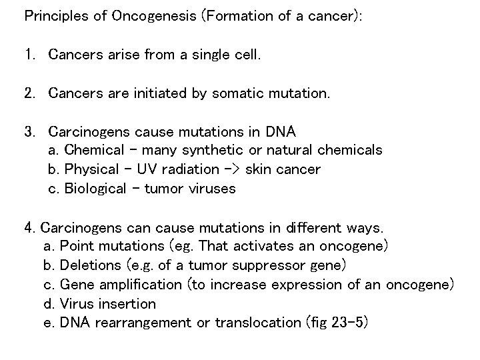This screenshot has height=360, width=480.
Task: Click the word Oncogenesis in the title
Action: (x=135, y=17)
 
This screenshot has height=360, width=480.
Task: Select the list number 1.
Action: (x=29, y=55)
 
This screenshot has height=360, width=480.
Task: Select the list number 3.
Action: (x=29, y=131)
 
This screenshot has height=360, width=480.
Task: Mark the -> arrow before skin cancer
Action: (x=233, y=169)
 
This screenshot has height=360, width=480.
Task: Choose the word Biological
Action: (x=95, y=189)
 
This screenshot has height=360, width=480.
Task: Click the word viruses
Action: (x=211, y=189)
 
